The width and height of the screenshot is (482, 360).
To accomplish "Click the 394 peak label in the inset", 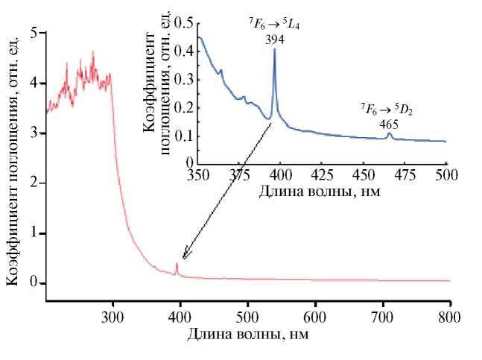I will coord(274,40).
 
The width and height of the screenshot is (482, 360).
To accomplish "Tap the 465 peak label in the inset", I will coord(388,124).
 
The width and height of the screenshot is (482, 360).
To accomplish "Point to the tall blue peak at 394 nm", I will coord(275,51).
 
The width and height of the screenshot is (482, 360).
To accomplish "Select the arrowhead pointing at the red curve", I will coord(184,256).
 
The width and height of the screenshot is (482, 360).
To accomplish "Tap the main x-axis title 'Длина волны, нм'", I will coord(248,334).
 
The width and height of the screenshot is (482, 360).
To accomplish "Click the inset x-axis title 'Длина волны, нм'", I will coord(317,190).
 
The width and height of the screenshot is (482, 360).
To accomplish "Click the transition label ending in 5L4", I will coord(274,25).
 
